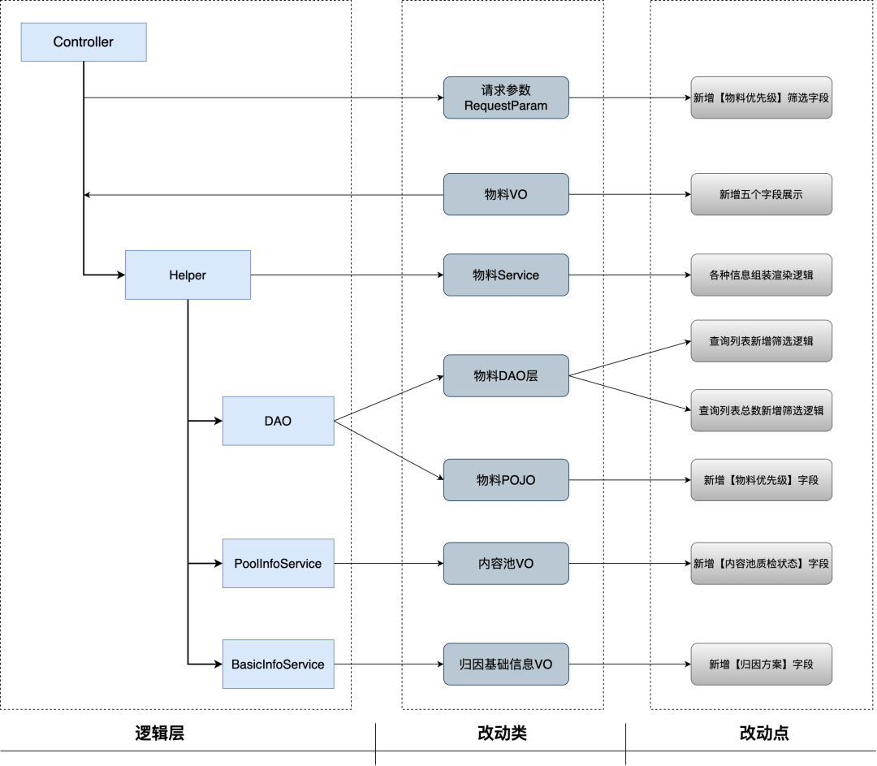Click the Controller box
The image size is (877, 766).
84,42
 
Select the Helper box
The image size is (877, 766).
188,275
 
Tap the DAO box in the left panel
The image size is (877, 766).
278,421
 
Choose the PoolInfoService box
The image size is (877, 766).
278,564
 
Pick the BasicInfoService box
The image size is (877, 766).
278,664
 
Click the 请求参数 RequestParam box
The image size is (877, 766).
506,97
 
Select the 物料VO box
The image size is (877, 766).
506,194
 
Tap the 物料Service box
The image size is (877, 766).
506,275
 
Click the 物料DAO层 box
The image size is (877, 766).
506,375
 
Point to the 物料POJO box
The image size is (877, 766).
506,480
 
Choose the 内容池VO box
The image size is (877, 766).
506,563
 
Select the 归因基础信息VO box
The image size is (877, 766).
506,664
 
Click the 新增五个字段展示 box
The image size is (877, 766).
761,194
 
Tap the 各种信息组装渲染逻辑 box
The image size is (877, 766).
761,275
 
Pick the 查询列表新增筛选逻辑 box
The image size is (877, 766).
761,341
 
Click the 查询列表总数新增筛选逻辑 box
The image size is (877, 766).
761,410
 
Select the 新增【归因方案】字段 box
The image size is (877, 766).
761,664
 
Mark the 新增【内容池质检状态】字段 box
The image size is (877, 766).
761,563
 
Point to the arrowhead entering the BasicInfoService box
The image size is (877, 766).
217,664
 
